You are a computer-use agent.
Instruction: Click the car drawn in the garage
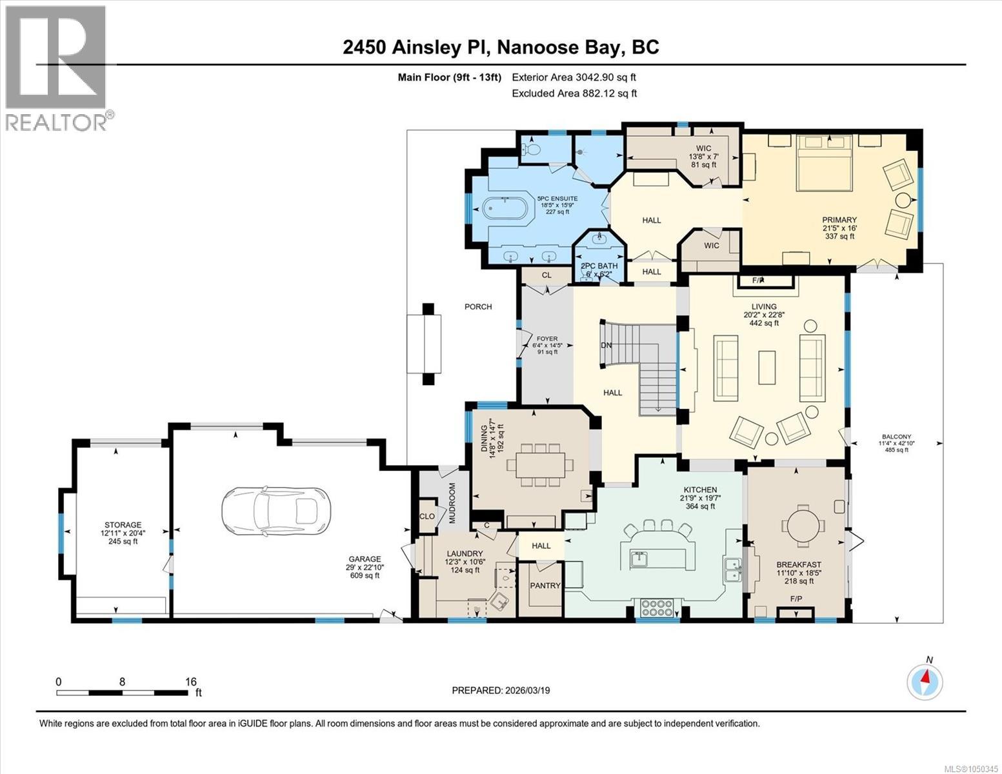(276, 511)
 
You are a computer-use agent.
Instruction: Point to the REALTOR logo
(57, 68)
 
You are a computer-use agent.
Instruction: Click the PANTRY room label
(545, 586)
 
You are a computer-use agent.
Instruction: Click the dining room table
(540, 466)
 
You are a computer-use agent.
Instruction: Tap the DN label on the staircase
(606, 345)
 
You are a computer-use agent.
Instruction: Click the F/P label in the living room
(758, 281)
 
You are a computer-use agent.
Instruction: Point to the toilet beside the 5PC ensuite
(531, 148)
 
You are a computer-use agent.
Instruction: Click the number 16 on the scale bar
(191, 681)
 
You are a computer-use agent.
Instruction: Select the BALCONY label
(896, 437)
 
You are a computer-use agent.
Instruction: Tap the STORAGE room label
(123, 524)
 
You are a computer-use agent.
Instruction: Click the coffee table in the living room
(767, 368)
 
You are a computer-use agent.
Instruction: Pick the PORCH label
(478, 306)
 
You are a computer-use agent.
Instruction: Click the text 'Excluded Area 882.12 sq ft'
(574, 94)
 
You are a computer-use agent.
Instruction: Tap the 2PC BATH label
(599, 266)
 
